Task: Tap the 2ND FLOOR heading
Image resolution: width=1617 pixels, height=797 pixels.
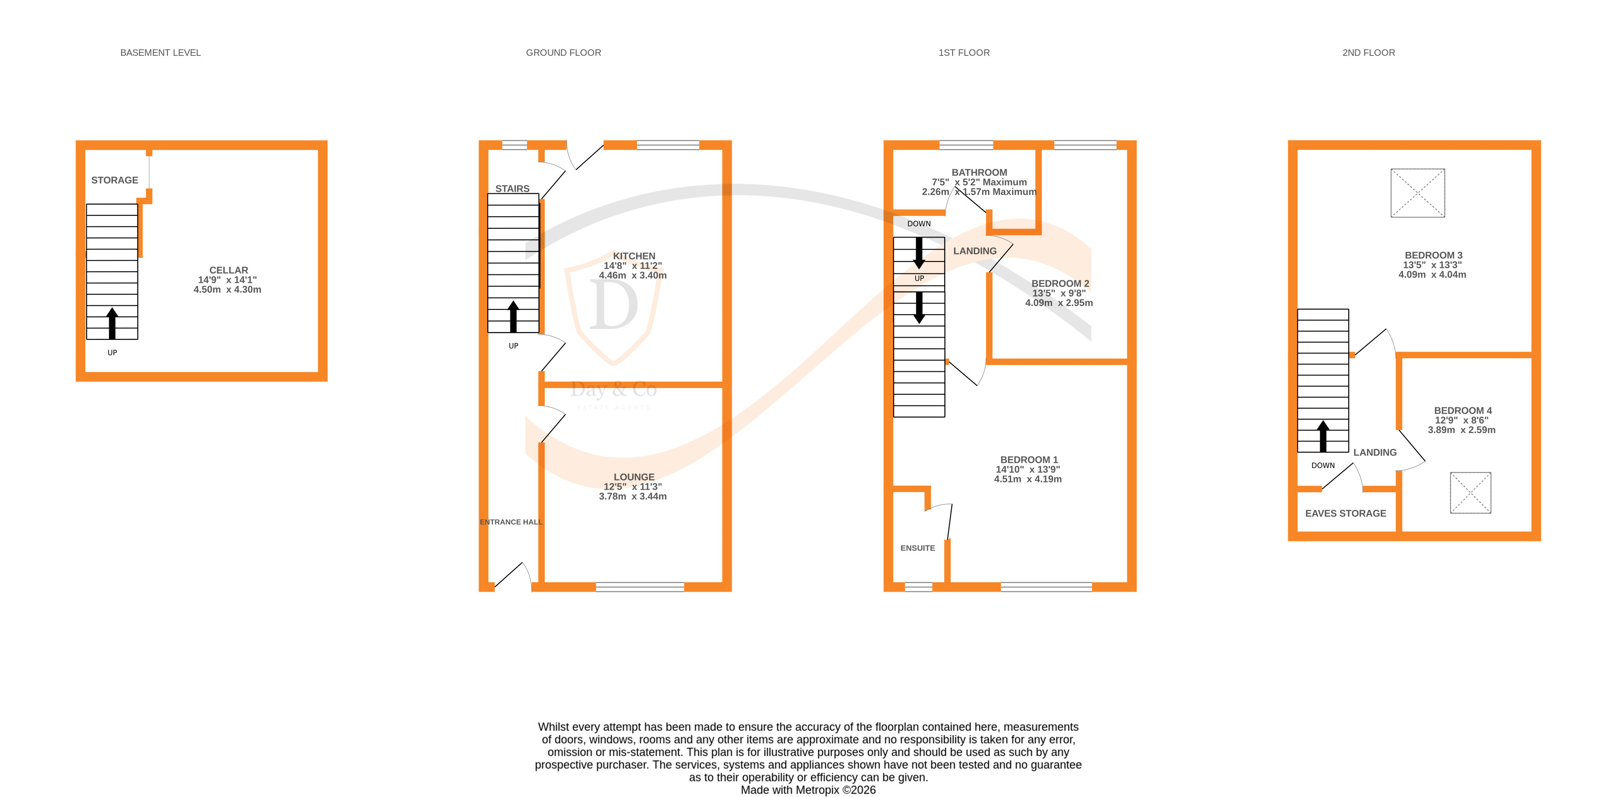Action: click(x=1368, y=53)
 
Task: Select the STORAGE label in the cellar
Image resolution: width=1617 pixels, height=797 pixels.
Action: click(x=114, y=180)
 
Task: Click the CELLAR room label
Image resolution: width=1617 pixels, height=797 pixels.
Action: click(x=229, y=270)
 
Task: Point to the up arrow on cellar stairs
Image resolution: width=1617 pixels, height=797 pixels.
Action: click(x=112, y=323)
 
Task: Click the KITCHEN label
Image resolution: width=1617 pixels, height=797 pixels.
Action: click(x=634, y=256)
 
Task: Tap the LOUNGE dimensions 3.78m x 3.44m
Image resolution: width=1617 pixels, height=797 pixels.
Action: click(x=632, y=496)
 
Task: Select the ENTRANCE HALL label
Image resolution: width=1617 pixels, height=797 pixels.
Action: click(x=510, y=522)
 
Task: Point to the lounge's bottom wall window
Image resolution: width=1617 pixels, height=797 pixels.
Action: click(x=639, y=587)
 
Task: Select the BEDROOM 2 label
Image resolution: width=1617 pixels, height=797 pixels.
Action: click(x=1060, y=283)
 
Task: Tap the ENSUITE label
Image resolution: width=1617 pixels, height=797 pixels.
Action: click(x=917, y=548)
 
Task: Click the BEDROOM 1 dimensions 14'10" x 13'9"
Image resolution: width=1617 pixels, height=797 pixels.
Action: click(x=1028, y=469)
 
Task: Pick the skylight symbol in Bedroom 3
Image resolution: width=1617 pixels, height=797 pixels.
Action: click(x=1417, y=193)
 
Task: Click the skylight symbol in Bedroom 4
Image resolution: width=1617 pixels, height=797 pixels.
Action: click(x=1469, y=493)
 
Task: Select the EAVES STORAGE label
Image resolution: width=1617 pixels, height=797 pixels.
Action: click(x=1345, y=513)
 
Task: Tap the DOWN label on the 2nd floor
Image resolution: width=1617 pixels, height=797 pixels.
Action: click(x=1322, y=465)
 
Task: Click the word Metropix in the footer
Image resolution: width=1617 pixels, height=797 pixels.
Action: click(x=817, y=790)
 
